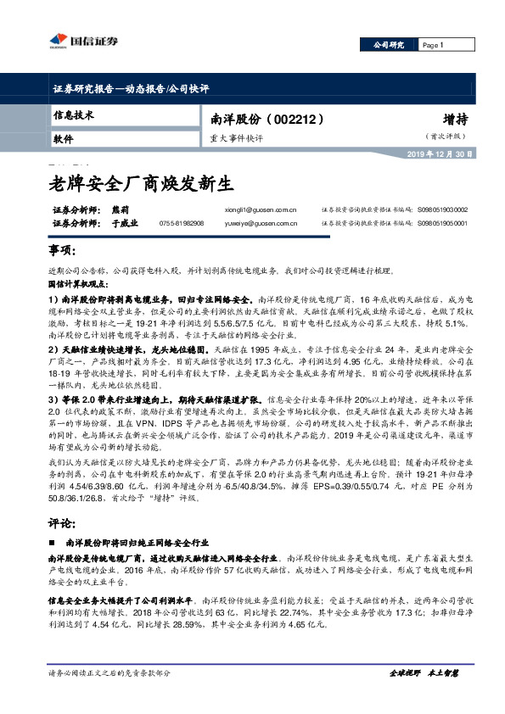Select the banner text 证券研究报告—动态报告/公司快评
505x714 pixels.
(x=125, y=87)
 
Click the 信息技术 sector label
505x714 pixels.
(x=74, y=114)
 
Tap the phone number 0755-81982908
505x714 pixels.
(x=182, y=223)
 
